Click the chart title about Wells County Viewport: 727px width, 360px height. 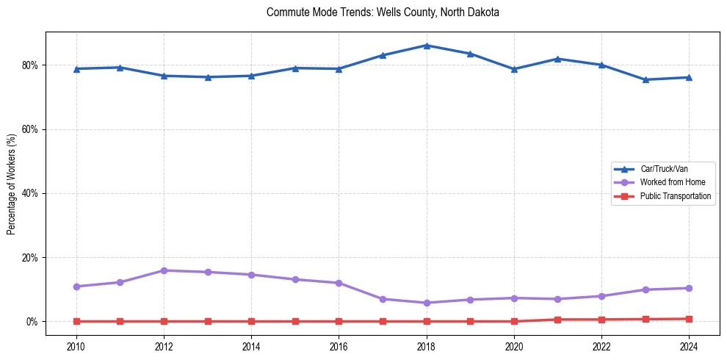tap(383, 12)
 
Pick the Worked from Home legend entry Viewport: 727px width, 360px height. tap(669, 182)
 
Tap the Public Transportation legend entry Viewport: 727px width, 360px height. tap(675, 196)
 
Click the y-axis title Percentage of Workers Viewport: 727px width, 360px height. tap(12, 184)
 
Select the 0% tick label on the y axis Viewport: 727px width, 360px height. tap(32, 322)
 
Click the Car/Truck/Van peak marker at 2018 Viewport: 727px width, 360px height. tap(427, 46)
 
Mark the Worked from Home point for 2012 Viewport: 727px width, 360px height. tap(164, 270)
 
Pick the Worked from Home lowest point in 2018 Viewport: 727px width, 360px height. tap(427, 303)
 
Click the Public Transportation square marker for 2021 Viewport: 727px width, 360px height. tap(558, 320)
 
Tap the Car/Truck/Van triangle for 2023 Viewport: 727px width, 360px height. tap(645, 79)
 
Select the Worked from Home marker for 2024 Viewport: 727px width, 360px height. tap(690, 288)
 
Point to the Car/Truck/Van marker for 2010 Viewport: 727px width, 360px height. tap(76, 69)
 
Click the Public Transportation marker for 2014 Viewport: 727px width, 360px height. tap(251, 321)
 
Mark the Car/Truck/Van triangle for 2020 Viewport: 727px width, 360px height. tap(514, 69)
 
